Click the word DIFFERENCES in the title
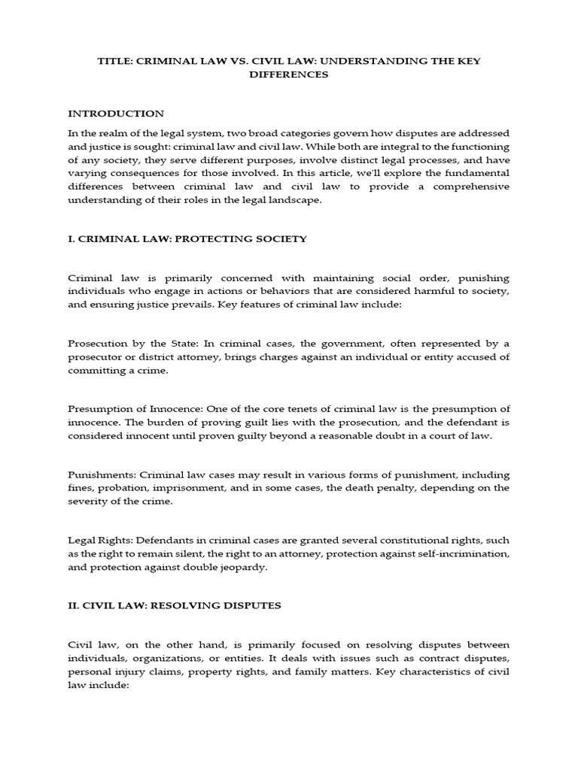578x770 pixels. (x=288, y=75)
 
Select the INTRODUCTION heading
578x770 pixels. (x=116, y=114)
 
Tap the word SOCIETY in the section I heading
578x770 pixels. (x=278, y=239)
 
